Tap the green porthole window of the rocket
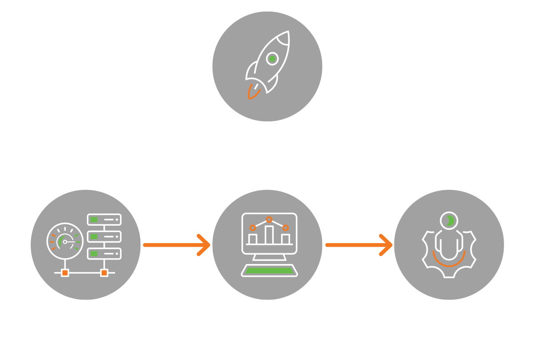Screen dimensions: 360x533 pos(272,58)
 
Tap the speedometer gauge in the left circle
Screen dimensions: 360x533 pos(65,241)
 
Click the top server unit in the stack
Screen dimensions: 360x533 pos(104,219)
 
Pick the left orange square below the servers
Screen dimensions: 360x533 pos(65,272)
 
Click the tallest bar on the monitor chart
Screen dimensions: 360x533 pos(269,235)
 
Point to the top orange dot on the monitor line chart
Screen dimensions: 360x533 pos(269,219)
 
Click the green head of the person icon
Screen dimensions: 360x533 pos(449,220)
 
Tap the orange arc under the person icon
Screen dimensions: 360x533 pos(449,261)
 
